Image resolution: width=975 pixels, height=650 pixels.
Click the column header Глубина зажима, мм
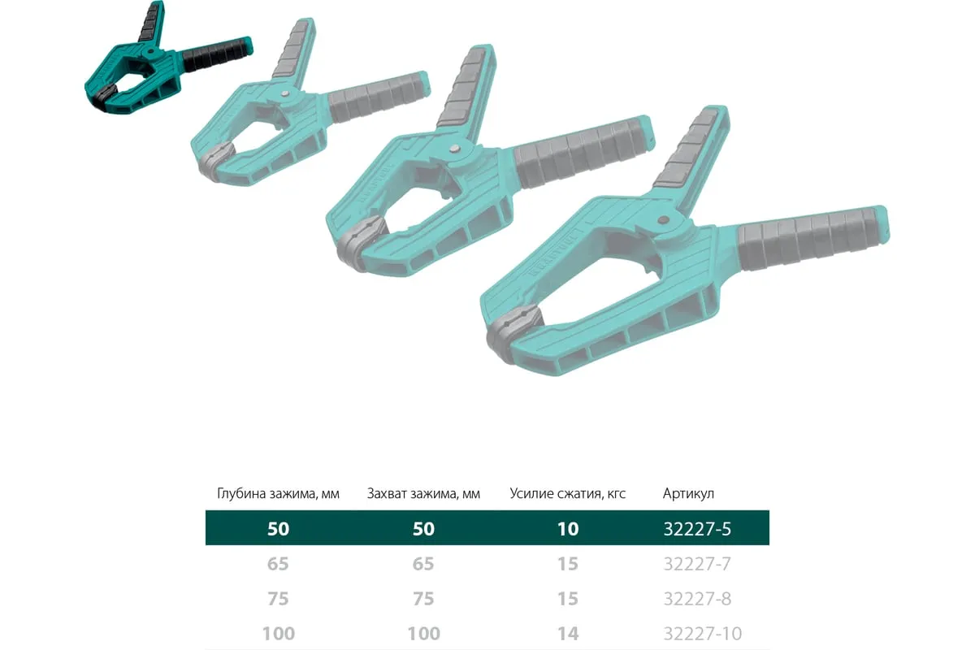pyautogui.click(x=278, y=494)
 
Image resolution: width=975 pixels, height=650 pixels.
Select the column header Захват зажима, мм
pyautogui.click(x=423, y=494)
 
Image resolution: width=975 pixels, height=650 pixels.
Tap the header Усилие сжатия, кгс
pyautogui.click(x=568, y=494)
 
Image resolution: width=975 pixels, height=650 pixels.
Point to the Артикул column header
pyautogui.click(x=688, y=494)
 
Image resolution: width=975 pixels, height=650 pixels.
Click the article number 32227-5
pyautogui.click(x=697, y=529)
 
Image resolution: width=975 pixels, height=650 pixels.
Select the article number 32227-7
pyautogui.click(x=697, y=564)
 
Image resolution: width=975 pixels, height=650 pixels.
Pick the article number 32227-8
pyautogui.click(x=697, y=599)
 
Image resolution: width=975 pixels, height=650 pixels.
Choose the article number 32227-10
pyautogui.click(x=703, y=634)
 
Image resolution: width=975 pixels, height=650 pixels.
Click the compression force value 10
pyautogui.click(x=568, y=529)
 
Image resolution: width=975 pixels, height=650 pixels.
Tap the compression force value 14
pyautogui.click(x=568, y=634)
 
